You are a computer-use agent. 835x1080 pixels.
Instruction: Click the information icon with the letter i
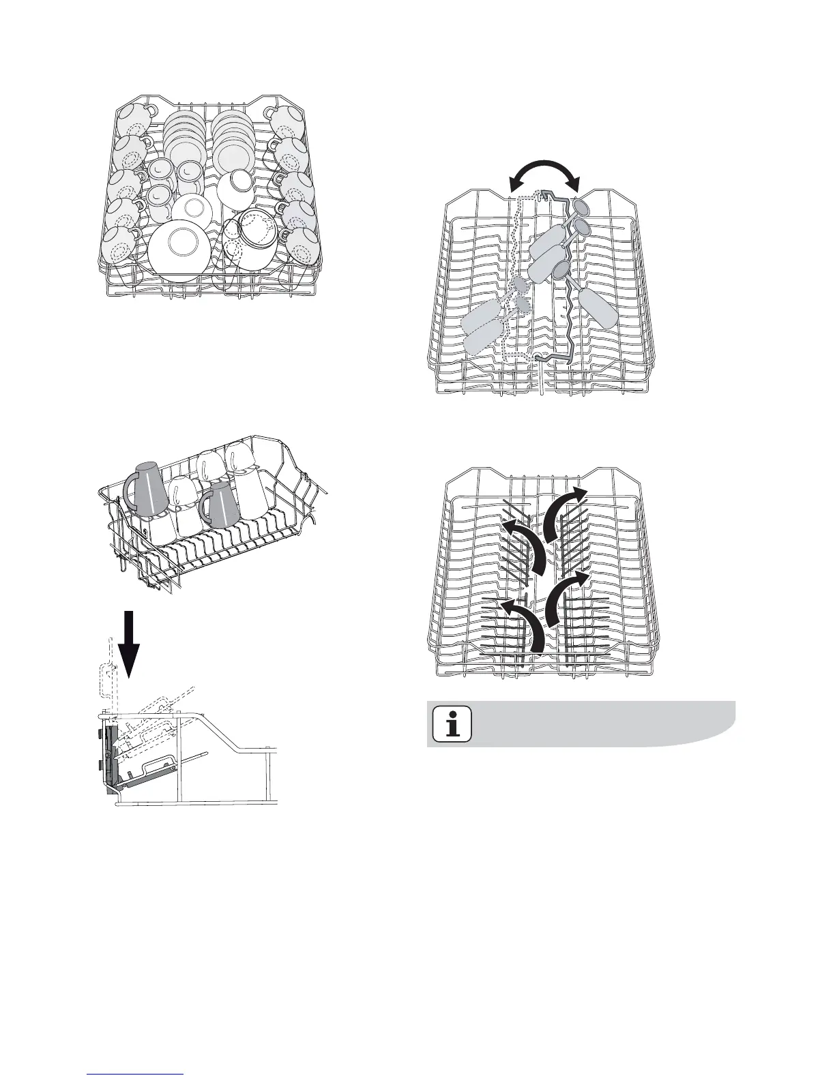coord(452,723)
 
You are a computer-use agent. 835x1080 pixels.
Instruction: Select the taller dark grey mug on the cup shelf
coord(150,489)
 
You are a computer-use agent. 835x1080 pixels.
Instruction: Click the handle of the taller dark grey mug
coord(130,490)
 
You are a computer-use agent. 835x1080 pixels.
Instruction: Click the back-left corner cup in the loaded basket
coord(130,120)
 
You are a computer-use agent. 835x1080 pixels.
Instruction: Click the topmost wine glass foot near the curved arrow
coord(581,207)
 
